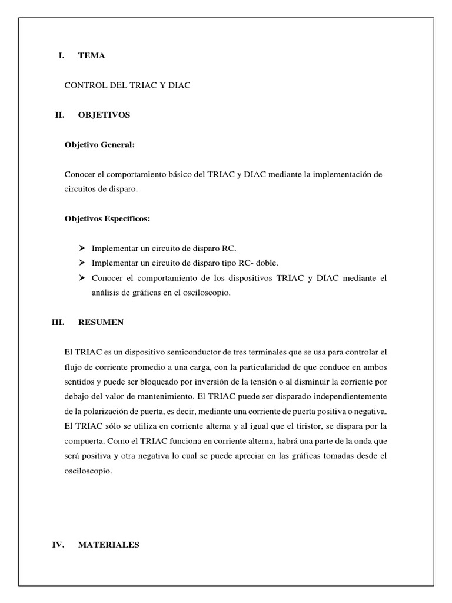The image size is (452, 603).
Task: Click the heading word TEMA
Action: pos(92,56)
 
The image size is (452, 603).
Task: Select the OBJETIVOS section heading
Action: pos(104,115)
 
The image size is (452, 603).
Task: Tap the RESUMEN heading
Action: pos(101,323)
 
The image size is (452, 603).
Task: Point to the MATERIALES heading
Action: pos(108,545)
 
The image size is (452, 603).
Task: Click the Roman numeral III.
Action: pos(58,323)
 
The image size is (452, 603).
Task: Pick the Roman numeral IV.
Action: pos(58,545)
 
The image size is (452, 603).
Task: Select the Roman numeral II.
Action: pos(59,115)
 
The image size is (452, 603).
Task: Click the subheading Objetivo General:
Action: pos(99,145)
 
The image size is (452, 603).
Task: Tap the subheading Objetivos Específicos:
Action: pos(107,219)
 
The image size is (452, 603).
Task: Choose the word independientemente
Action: pos(343,396)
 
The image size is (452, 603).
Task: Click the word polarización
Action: pos(109,410)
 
